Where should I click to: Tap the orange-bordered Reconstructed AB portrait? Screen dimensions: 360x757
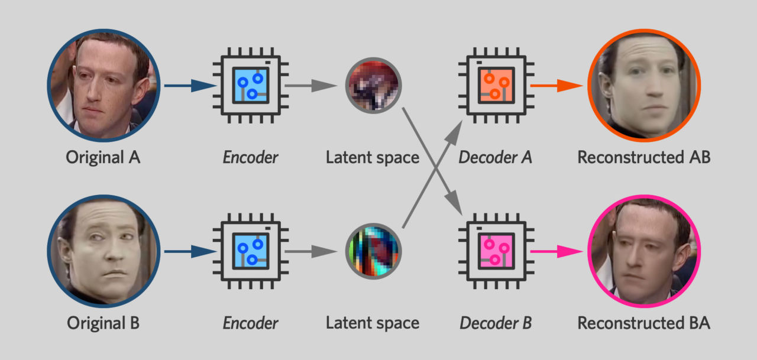pos(644,85)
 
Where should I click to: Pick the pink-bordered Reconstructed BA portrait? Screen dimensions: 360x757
pos(644,251)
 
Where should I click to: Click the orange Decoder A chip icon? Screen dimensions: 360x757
pos(495,86)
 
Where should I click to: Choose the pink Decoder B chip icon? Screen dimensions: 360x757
pos(495,251)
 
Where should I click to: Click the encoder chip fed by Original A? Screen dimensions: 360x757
pos(251,86)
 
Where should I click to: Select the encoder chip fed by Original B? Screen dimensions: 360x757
pos(251,251)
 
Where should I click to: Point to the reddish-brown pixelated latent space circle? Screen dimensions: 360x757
pos(373,85)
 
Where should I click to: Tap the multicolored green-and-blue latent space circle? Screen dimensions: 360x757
pos(373,251)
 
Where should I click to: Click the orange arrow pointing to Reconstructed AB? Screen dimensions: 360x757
pos(553,86)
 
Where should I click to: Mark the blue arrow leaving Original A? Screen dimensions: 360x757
pos(190,86)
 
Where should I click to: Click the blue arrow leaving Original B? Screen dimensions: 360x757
pos(190,252)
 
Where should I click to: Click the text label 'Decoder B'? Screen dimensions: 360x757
pos(495,323)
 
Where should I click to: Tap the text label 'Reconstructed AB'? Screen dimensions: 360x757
pos(643,158)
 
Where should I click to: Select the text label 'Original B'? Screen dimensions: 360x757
pos(103,323)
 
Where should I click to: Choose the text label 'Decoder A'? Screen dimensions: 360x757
pos(495,158)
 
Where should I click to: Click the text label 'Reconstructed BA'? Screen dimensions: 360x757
pos(643,323)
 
